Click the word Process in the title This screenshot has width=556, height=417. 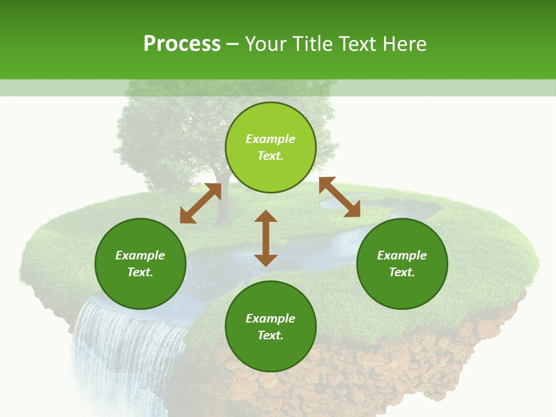tap(182, 44)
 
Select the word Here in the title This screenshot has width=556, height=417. tap(405, 44)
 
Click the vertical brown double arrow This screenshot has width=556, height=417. tap(266, 238)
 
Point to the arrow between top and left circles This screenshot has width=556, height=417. tap(200, 203)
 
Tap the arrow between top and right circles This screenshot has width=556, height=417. tap(339, 197)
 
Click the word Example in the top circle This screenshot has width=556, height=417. tap(270, 139)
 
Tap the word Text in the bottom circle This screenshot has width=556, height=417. tap(270, 335)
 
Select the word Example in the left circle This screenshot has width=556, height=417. tap(140, 255)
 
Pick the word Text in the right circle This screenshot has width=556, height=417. tap(402, 272)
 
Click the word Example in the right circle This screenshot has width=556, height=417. tap(402, 255)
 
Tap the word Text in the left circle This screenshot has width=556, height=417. tap(140, 272)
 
